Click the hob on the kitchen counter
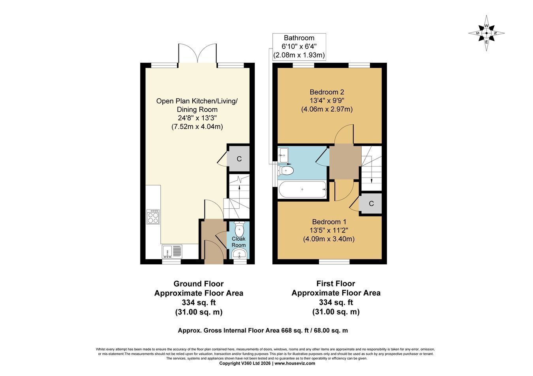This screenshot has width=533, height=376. tap(153, 217)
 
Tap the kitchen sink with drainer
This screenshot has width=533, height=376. tap(172, 252)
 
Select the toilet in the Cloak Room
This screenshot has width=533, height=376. tap(239, 229)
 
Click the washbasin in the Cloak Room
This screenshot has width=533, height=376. tap(239, 254)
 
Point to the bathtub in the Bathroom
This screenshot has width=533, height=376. tap(302, 189)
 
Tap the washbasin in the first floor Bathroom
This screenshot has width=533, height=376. tap(283, 155)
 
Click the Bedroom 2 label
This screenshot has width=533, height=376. tap(327, 92)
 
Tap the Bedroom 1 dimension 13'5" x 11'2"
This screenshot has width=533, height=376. tap(328, 230)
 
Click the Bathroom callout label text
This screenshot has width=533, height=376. tap(299, 47)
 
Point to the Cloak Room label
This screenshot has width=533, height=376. tap(238, 242)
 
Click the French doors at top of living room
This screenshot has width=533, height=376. tap(197, 53)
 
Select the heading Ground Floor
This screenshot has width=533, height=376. tap(199, 284)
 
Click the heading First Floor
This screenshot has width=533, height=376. tap(336, 284)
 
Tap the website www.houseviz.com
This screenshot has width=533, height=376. tap(295, 363)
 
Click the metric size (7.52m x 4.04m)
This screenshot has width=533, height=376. tap(197, 127)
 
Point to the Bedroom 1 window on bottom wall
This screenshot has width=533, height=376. tap(334, 262)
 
